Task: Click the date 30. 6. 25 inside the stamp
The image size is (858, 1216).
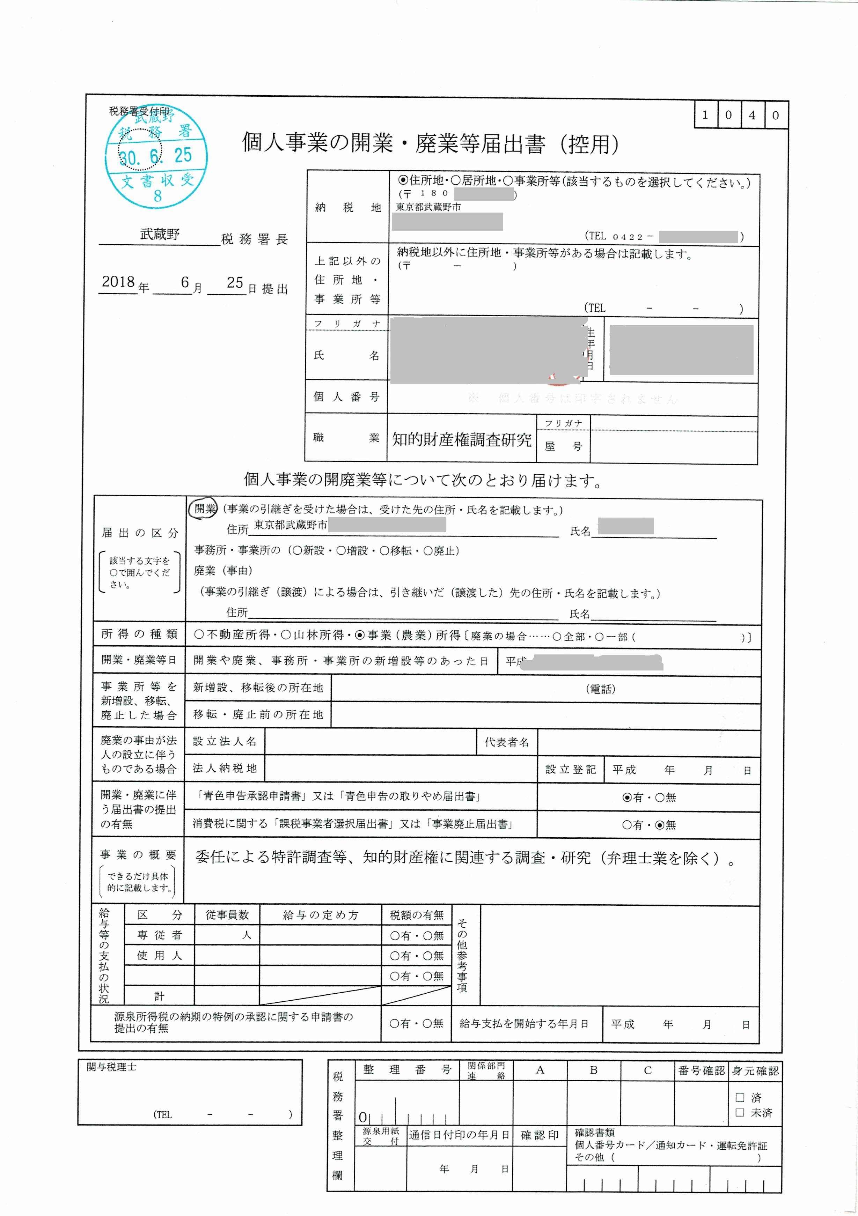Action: (155, 156)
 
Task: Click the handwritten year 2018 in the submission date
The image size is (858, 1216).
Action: (118, 282)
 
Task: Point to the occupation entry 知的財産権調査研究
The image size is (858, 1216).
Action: (462, 439)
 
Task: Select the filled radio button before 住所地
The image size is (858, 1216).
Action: (403, 180)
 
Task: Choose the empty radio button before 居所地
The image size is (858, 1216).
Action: (455, 180)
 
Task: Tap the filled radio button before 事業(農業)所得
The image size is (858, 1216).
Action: (360, 635)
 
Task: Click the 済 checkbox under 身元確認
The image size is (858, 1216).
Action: (740, 1097)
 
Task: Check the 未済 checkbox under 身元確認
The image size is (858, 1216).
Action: (740, 1113)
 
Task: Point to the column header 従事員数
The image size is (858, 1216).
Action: (227, 915)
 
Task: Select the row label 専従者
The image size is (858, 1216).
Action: (159, 935)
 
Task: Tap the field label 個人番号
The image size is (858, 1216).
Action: (346, 397)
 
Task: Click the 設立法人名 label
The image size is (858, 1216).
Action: (225, 741)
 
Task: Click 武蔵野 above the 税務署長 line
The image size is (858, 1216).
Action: (160, 234)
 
